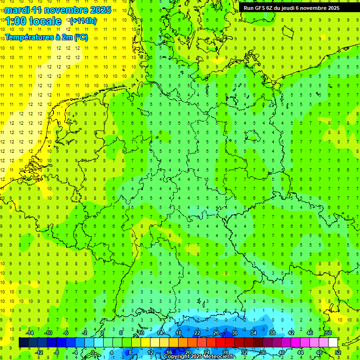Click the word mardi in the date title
pos(17,10)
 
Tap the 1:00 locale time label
pos(34,21)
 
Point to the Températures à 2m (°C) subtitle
pos(46,37)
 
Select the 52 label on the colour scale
pos(338,352)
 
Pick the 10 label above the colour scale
pos(141,333)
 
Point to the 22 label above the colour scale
pos(197,333)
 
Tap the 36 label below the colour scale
pos(263,352)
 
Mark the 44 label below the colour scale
pos(300,352)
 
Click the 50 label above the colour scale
pos(329,333)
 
